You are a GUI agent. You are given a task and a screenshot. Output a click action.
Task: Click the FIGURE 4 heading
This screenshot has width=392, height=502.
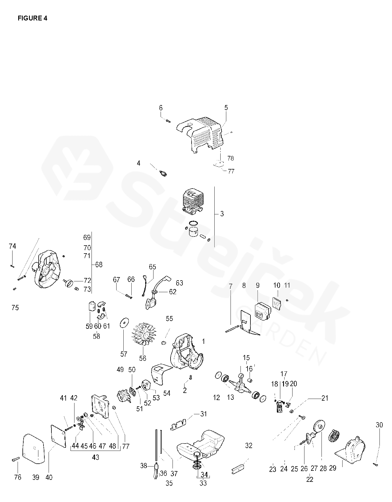coord(32,18)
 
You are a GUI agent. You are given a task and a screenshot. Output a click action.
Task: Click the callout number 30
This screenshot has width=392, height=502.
coord(379,425)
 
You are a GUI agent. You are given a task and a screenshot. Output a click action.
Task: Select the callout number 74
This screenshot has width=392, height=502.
coord(12,246)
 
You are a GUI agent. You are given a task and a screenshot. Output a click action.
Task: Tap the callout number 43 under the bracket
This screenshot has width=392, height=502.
coord(96,458)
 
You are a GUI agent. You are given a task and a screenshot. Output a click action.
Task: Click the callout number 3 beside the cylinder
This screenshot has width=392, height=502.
coord(222,214)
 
